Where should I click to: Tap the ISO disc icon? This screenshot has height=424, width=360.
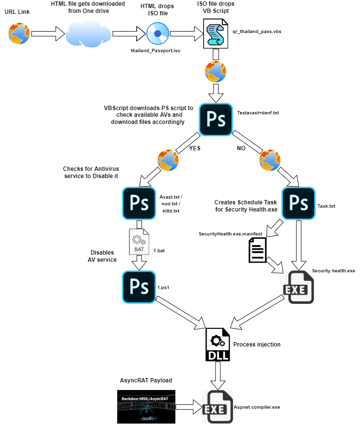157,33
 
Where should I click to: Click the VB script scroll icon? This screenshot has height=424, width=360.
216,33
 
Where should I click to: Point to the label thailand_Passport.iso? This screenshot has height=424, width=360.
156,50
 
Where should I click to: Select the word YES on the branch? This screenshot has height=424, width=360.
195,148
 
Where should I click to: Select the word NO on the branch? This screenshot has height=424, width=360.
242,148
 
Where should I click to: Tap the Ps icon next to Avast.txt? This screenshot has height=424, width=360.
139,203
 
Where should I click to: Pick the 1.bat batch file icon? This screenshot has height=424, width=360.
139,242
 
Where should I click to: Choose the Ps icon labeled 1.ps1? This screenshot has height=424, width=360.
139,287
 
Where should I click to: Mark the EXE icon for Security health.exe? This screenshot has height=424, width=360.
298,287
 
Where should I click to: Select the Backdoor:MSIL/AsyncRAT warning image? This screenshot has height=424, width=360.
146,406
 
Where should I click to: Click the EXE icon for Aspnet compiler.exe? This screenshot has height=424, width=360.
218,406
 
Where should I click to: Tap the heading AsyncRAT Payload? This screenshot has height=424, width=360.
145,380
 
